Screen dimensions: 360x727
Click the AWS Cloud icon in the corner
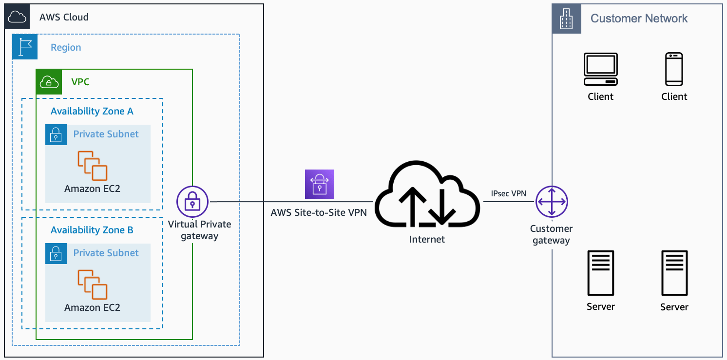17,17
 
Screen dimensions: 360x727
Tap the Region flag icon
25,47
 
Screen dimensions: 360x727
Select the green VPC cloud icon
49,81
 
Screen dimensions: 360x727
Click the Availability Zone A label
92,111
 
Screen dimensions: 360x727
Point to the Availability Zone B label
92,230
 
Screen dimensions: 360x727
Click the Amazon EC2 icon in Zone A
93,166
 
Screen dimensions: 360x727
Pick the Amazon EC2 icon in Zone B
93,284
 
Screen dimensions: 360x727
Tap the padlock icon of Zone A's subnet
56,134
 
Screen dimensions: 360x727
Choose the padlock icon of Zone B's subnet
56,253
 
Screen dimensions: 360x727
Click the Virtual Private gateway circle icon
192,202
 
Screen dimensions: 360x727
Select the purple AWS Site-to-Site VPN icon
320,184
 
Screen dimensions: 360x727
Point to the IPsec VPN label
508,193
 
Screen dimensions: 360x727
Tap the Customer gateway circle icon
552,202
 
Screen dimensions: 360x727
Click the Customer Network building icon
566,19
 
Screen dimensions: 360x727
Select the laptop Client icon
600,69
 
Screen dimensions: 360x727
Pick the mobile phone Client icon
674,69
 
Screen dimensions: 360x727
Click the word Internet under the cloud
427,239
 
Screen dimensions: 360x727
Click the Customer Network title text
639,19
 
